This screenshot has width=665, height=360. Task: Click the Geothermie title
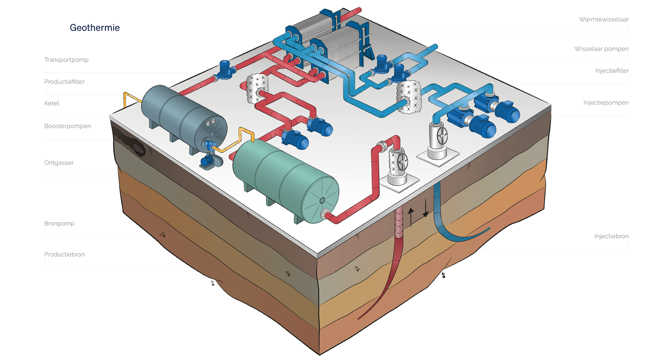click(95, 28)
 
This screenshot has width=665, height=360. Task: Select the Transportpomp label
click(66, 60)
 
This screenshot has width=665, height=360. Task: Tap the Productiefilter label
click(65, 82)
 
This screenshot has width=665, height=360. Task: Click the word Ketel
click(52, 103)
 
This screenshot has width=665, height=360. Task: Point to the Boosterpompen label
click(68, 126)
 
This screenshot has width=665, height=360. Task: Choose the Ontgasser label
click(59, 163)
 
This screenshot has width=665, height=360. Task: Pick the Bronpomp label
click(60, 223)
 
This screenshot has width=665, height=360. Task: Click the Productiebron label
click(65, 254)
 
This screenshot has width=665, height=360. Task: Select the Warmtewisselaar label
click(604, 20)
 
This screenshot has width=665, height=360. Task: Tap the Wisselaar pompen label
click(601, 49)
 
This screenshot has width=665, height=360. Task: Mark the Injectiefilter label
click(612, 71)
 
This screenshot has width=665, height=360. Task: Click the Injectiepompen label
click(606, 103)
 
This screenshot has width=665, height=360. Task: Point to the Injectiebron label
click(611, 236)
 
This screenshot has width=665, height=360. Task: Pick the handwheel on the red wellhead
click(401, 161)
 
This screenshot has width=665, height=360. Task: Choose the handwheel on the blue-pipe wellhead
click(442, 136)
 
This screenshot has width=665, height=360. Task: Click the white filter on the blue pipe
click(407, 98)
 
